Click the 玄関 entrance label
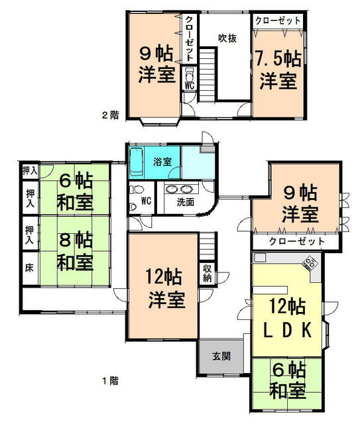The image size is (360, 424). click(x=221, y=356)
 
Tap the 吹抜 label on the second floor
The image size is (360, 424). click(x=227, y=38)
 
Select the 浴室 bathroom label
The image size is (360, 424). click(x=162, y=162)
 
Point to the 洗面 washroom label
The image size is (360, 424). click(x=186, y=202)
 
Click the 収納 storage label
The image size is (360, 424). click(x=208, y=273)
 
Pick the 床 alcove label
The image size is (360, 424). click(x=29, y=268)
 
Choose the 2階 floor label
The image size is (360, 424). click(x=111, y=115)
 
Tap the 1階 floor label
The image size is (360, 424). click(x=111, y=381)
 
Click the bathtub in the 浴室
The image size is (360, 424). click(x=137, y=162)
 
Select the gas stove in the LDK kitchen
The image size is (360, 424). click(x=309, y=263)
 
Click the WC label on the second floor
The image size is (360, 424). click(x=190, y=85)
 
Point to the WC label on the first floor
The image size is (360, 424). click(x=146, y=201)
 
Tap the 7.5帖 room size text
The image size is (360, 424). click(x=278, y=60)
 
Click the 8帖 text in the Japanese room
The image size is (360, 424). click(x=76, y=240)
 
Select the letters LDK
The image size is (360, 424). click(x=288, y=330)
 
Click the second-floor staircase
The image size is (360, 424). click(x=208, y=74)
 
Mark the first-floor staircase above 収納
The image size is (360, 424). click(x=208, y=246)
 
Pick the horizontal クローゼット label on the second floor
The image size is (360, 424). click(x=278, y=21)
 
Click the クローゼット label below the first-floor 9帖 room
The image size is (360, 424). click(x=296, y=241)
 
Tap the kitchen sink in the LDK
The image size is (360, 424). click(x=260, y=258)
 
